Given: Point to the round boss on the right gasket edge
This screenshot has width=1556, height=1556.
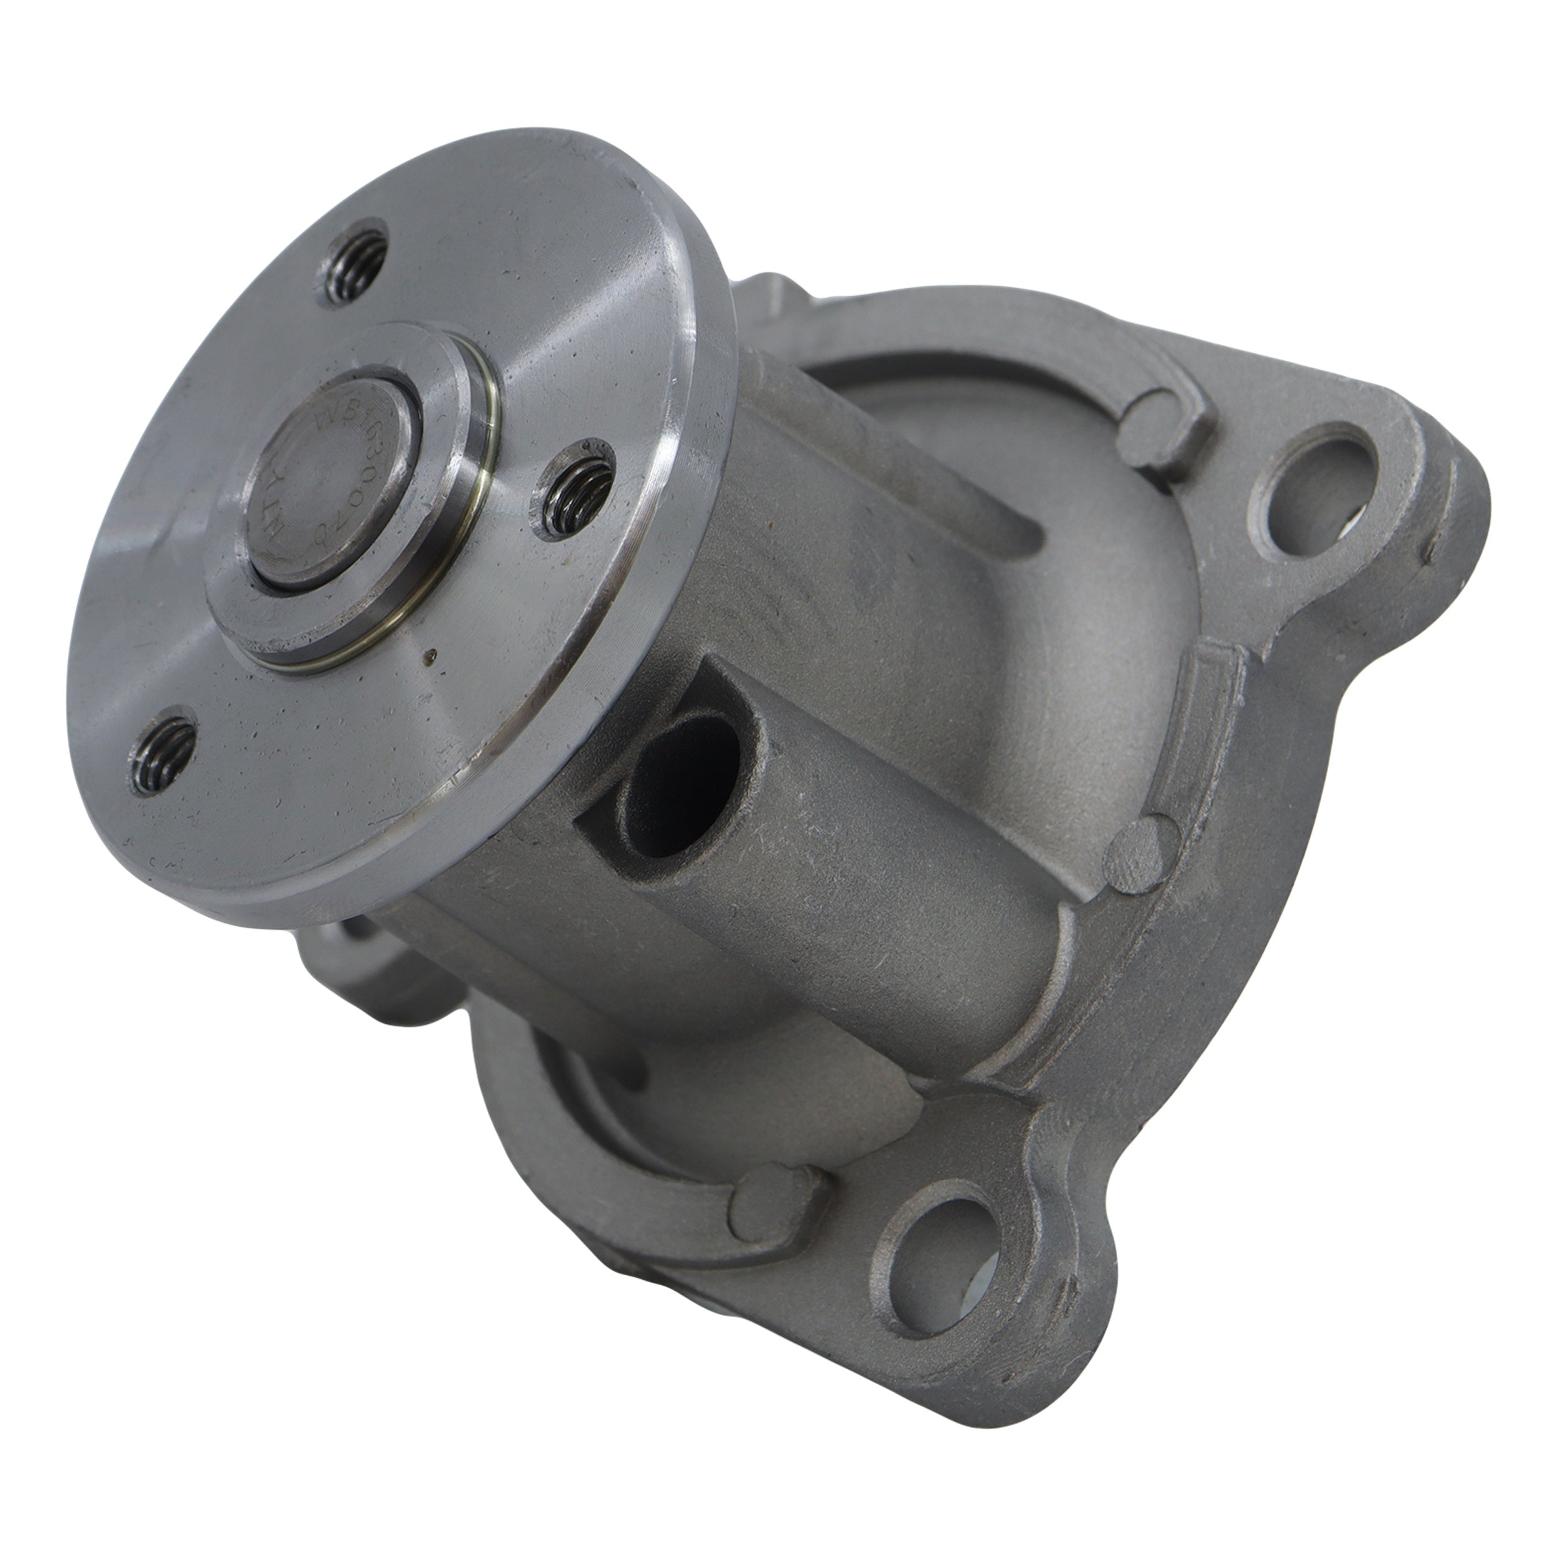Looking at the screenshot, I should click(x=1137, y=850).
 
